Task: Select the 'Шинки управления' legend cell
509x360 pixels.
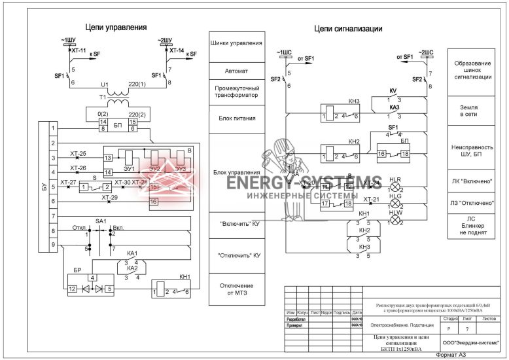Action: pyautogui.click(x=237, y=44)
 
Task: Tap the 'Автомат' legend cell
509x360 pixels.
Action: pyautogui.click(x=237, y=70)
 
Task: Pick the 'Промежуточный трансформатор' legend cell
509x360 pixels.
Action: pyautogui.click(x=237, y=91)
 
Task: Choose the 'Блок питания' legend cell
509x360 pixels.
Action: pyautogui.click(x=237, y=118)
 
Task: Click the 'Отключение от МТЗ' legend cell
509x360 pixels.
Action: pyautogui.click(x=237, y=290)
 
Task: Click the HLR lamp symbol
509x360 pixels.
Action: pyautogui.click(x=395, y=187)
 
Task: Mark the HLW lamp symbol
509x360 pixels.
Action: pyautogui.click(x=395, y=221)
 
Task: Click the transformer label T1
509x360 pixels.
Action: pyautogui.click(x=102, y=97)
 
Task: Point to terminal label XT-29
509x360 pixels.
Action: pyautogui.click(x=110, y=197)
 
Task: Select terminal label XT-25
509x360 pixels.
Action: pyautogui.click(x=78, y=154)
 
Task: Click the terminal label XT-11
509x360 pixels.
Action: pyautogui.click(x=79, y=50)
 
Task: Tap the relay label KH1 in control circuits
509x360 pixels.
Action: pyautogui.click(x=184, y=277)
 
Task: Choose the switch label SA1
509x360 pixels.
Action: pyautogui.click(x=101, y=223)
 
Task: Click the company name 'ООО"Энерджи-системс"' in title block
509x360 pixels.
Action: pyautogui.click(x=470, y=342)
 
